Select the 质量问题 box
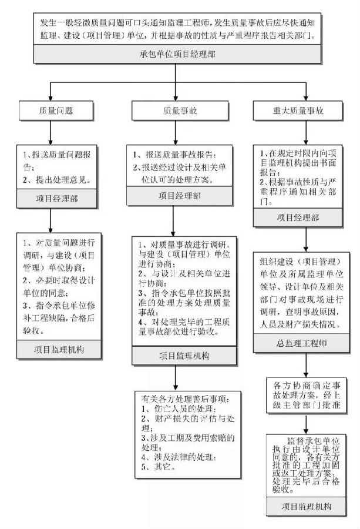click(56, 110)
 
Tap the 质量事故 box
click(171, 110)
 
